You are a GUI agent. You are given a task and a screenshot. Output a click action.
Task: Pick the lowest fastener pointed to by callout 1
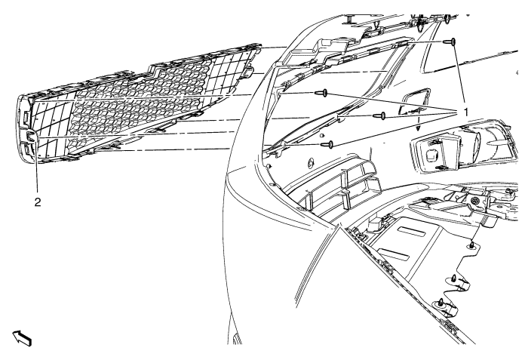[326, 143]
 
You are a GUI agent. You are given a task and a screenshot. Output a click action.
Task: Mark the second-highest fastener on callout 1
[321, 94]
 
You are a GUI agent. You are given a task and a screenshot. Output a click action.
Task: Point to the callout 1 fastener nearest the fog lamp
[382, 116]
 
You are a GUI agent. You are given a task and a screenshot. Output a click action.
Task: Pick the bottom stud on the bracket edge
[441, 302]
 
